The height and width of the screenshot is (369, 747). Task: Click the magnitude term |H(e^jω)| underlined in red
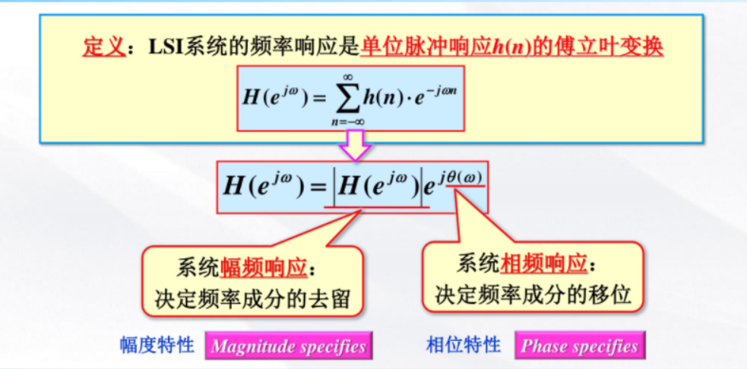(375, 187)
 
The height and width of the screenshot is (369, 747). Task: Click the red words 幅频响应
(263, 266)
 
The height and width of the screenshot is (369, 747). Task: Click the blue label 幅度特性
(157, 346)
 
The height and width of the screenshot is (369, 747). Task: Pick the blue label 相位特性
(464, 345)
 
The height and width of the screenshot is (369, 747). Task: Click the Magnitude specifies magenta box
(289, 347)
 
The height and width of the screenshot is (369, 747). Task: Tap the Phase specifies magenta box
(579, 346)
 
